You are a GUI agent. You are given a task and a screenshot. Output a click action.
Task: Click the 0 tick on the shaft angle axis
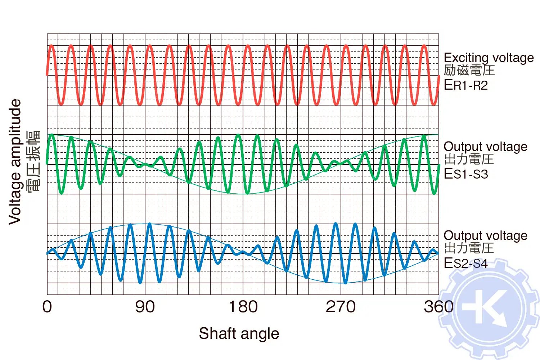[47, 307]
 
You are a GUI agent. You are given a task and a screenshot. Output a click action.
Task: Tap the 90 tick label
[145, 307]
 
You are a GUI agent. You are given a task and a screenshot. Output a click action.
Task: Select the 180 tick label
[243, 307]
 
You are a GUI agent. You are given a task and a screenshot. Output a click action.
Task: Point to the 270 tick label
[341, 307]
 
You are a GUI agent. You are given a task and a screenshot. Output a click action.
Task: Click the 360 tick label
[438, 307]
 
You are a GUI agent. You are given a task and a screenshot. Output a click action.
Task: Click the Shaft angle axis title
[239, 333]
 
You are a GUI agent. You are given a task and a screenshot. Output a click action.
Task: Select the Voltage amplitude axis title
[15, 162]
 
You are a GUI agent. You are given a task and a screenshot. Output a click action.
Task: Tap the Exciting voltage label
[489, 58]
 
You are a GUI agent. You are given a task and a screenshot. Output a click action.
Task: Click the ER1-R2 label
[465, 85]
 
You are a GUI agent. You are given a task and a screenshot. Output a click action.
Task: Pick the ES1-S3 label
[465, 174]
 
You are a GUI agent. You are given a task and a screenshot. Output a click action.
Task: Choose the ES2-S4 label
[465, 263]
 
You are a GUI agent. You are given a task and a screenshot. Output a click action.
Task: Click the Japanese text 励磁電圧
[469, 70]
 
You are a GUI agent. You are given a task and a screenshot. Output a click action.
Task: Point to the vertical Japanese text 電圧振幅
[35, 162]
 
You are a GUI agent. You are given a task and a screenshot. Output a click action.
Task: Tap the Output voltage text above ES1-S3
[485, 147]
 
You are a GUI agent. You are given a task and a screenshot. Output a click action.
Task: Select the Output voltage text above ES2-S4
[485, 235]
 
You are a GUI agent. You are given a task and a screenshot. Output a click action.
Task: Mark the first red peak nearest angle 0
[51, 46]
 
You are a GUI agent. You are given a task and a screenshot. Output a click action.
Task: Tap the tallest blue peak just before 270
[336, 224]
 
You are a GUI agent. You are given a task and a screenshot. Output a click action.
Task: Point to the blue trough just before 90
[140, 282]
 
